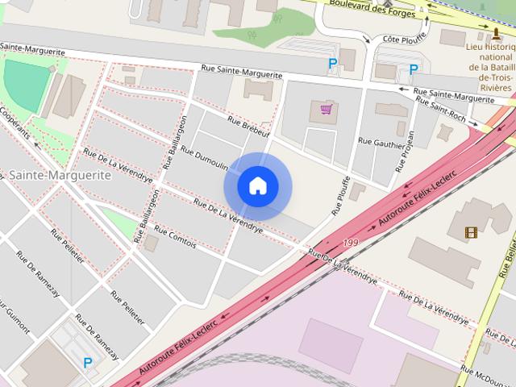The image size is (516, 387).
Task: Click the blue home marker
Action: (257, 186)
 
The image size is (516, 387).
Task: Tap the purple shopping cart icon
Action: (326, 109)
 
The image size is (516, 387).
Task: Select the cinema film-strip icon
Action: (471, 233)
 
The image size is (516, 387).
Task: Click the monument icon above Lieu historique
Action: (497, 34)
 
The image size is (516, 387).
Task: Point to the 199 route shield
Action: (349, 242)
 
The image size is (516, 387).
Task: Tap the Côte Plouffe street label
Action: (403, 39)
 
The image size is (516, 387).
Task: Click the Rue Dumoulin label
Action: (204, 160)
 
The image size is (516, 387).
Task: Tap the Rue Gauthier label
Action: (377, 143)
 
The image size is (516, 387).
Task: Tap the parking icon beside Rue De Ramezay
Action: (87, 363)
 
